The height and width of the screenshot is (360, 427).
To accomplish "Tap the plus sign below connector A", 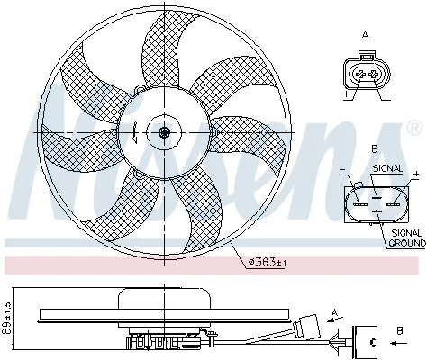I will (x=345, y=93).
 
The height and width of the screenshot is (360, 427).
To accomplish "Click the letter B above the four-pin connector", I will (x=373, y=149).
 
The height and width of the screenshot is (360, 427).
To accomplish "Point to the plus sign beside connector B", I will (x=416, y=173).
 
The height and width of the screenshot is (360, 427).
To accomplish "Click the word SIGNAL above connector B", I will (x=386, y=167).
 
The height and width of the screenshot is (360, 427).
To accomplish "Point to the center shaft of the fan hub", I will (x=163, y=132).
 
